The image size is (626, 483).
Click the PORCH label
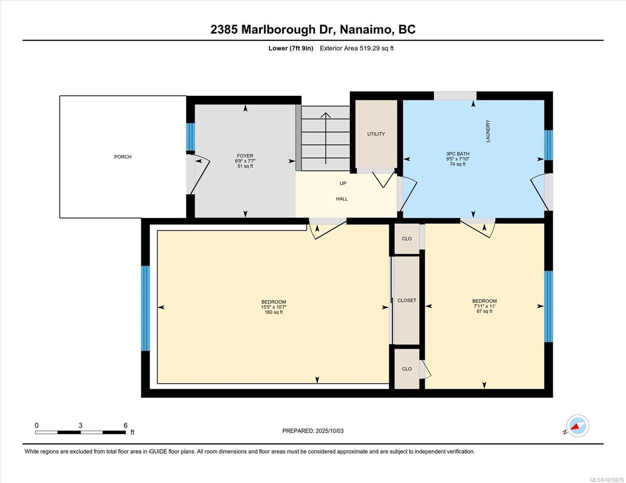[x=123, y=157]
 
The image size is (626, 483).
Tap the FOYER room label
[x=245, y=156]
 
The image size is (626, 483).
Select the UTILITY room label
[x=376, y=134]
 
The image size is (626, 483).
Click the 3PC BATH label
[x=458, y=154]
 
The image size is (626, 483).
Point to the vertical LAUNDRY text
[x=488, y=131]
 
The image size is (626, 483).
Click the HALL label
[x=342, y=199]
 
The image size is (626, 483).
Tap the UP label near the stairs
[x=343, y=184]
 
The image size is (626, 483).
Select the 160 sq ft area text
[x=274, y=312]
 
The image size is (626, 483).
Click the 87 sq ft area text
[x=484, y=311]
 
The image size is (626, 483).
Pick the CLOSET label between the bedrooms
[x=407, y=301]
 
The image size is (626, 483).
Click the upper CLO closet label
[x=407, y=239]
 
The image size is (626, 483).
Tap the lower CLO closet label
[x=407, y=369]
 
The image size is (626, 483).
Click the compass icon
[x=577, y=426]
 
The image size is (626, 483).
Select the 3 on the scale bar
[x=81, y=425]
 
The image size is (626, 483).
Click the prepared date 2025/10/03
[x=329, y=431]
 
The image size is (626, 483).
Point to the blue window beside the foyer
[x=190, y=137]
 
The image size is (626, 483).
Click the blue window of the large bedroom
[x=145, y=308]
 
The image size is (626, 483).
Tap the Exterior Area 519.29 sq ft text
[x=356, y=48]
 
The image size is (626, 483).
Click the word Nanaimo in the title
[x=366, y=29]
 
